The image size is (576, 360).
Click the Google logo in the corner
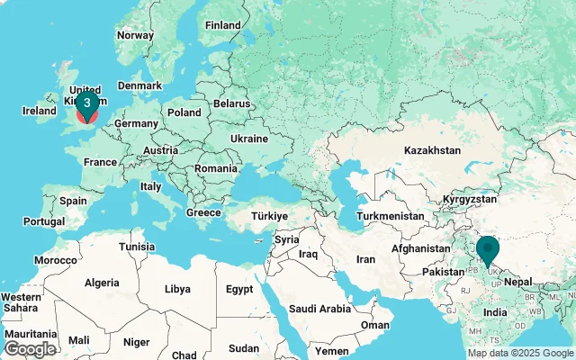coord(30,348)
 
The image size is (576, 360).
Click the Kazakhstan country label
coord(432,150)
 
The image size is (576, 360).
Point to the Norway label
coord(135,35)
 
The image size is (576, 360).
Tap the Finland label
coord(222,25)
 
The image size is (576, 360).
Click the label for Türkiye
coord(268,216)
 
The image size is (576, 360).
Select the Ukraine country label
coord(248,139)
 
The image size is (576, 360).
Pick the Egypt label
coord(239,289)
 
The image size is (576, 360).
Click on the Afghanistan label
coord(419,247)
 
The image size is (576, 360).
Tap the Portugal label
coord(45,221)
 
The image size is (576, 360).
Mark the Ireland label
coord(40,111)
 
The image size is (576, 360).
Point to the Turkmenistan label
coord(390,217)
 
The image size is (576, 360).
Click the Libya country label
coord(177,289)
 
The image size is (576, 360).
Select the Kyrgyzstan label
coord(470,197)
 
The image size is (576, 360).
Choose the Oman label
coord(375,325)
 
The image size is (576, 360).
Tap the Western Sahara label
coord(21,302)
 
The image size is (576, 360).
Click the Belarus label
coord(232,104)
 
